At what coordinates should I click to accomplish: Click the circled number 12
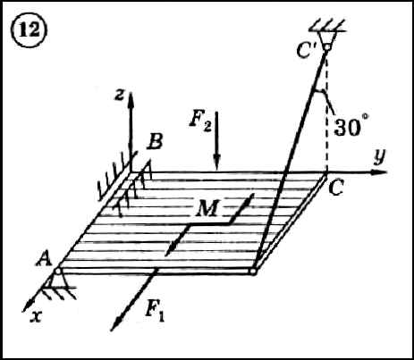coord(30,29)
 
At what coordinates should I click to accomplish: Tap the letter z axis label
coord(120,96)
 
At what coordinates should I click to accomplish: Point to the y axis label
coord(379,156)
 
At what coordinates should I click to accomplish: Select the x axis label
coord(36,317)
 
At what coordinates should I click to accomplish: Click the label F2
coord(200,122)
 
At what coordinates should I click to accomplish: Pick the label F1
coord(155,312)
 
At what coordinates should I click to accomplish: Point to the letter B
coord(155,142)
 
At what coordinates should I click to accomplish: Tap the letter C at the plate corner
coord(337,188)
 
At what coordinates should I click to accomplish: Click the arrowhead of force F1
coord(117,323)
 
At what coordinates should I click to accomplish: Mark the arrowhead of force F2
coord(216,163)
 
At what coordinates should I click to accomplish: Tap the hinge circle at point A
coord(57,272)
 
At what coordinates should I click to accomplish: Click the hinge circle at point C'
coord(327,47)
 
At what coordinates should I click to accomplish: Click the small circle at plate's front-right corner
coord(253,272)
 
